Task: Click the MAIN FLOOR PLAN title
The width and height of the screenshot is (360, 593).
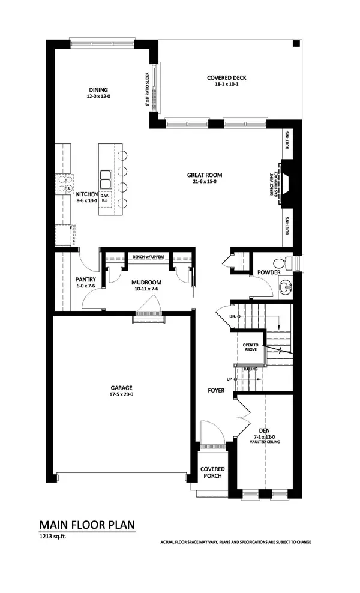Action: pyautogui.click(x=87, y=524)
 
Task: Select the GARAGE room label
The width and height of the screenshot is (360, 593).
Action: pyautogui.click(x=121, y=388)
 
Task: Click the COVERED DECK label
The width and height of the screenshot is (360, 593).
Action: pyautogui.click(x=226, y=78)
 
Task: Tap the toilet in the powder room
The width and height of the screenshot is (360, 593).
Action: pyautogui.click(x=281, y=263)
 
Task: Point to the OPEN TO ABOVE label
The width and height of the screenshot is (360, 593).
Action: pyautogui.click(x=250, y=348)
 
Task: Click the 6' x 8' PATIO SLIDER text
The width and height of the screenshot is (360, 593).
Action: pyautogui.click(x=146, y=87)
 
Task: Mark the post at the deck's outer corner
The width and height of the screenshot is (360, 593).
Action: pyautogui.click(x=295, y=44)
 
